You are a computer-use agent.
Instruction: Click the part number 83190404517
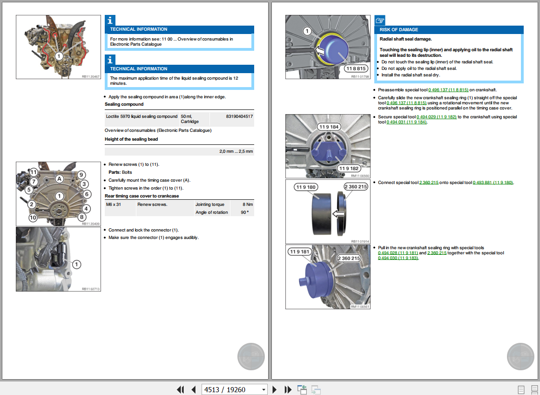click(x=239, y=116)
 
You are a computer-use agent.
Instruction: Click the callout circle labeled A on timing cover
click(x=59, y=178)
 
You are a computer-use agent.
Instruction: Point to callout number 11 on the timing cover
click(x=34, y=172)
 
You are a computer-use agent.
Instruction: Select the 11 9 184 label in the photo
click(x=329, y=127)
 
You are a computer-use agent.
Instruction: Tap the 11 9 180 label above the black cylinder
click(x=305, y=187)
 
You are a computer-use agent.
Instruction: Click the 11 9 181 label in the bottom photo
click(x=299, y=252)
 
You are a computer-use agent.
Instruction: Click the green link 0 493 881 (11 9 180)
click(x=493, y=183)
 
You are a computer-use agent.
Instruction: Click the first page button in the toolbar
click(x=180, y=389)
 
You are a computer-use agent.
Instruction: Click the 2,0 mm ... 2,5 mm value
click(x=236, y=151)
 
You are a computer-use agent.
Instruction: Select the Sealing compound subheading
click(x=124, y=104)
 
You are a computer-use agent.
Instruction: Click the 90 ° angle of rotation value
click(x=244, y=212)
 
